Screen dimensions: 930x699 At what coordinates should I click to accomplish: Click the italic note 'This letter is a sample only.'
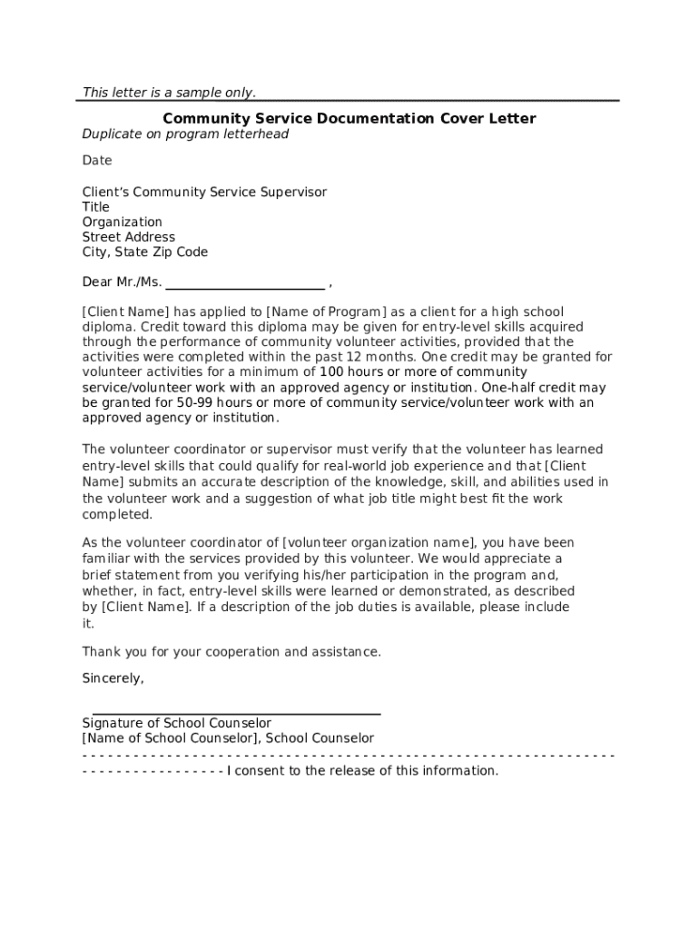point(169,92)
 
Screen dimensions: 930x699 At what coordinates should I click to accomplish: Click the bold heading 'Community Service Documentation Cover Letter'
point(349,118)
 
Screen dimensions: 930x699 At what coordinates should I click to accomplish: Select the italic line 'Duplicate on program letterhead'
point(185,134)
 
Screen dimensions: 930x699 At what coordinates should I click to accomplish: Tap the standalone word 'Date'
point(97,161)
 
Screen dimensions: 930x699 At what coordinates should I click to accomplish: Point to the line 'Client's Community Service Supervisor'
point(204,192)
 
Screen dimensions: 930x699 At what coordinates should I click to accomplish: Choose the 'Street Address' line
point(129,237)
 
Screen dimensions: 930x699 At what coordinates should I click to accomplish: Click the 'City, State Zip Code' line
point(145,252)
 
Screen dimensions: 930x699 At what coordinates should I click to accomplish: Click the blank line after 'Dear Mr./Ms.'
point(245,282)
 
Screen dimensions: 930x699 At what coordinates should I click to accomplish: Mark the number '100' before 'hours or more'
point(332,372)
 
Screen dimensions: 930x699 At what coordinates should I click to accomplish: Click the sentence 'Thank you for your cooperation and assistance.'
point(232,652)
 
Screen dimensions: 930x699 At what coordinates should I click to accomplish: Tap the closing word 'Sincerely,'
point(113,678)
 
